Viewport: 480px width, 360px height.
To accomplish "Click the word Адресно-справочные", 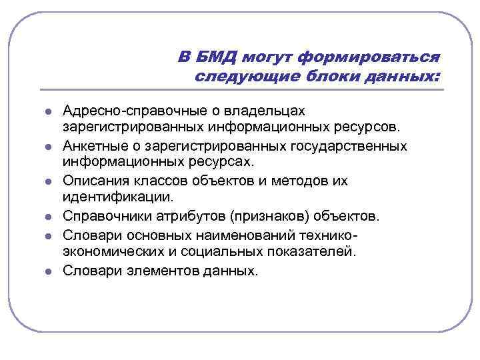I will pyautogui.click(x=137, y=109).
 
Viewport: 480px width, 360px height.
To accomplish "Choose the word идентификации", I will pyautogui.click(x=117, y=197).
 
